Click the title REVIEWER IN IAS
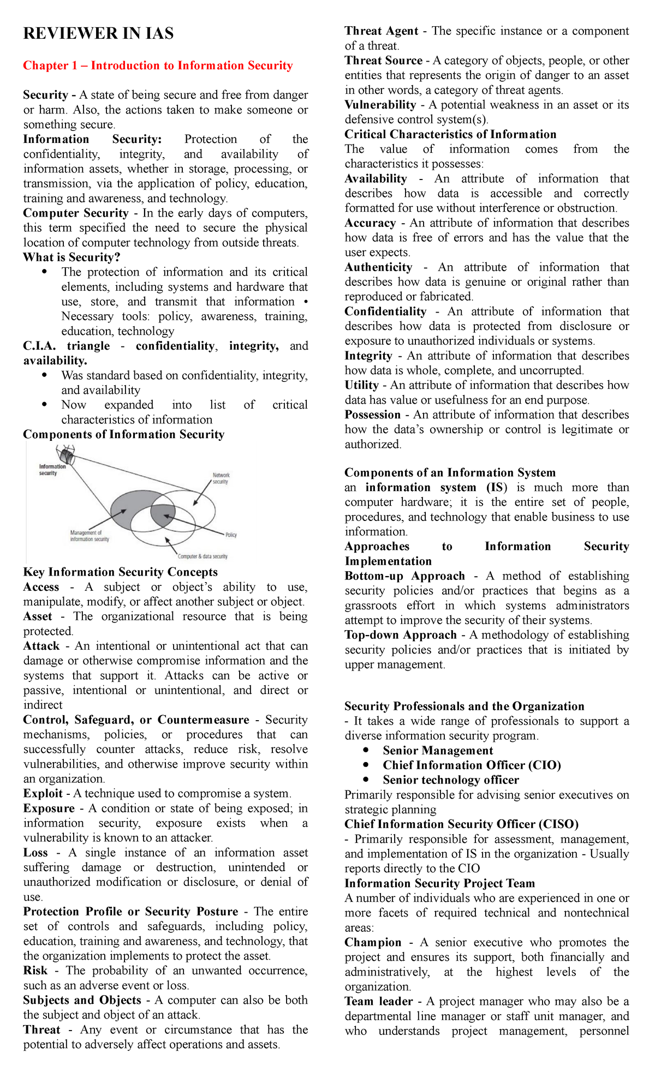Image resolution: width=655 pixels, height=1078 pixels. (x=98, y=34)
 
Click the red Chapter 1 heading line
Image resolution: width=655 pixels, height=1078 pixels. (x=158, y=65)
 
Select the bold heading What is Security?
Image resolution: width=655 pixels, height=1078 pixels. (x=72, y=257)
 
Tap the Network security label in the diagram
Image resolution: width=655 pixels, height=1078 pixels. (x=221, y=478)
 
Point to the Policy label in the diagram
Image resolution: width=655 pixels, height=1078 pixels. (x=231, y=535)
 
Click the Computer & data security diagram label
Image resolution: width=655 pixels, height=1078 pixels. (x=202, y=556)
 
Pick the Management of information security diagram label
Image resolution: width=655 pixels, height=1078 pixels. (x=89, y=536)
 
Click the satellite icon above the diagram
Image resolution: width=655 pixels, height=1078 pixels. (x=67, y=454)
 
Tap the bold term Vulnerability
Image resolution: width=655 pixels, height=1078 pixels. (x=380, y=105)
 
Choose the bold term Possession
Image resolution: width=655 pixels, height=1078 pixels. (x=373, y=415)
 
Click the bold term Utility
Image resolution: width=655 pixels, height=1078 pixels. (x=361, y=385)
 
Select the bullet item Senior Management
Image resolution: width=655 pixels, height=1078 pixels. (x=438, y=751)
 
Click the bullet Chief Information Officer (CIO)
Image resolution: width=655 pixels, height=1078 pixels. (x=472, y=765)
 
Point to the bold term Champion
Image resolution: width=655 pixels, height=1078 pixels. (x=373, y=943)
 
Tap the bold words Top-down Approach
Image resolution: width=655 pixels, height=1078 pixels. (x=401, y=635)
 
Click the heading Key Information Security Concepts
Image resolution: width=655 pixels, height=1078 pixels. (x=120, y=572)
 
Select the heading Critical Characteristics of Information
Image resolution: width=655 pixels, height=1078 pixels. (x=450, y=134)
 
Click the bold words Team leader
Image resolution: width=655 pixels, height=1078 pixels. (x=379, y=1002)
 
